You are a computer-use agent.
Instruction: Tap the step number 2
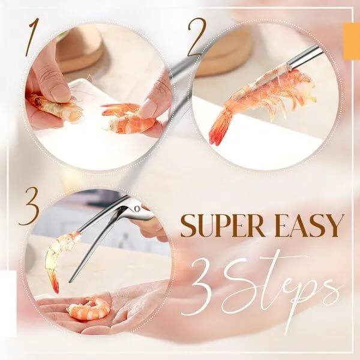[194, 37]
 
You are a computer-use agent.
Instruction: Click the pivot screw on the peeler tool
[137, 209]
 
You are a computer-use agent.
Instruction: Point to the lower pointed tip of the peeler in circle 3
[71, 281]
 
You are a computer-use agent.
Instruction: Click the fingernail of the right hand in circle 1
[147, 107]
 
